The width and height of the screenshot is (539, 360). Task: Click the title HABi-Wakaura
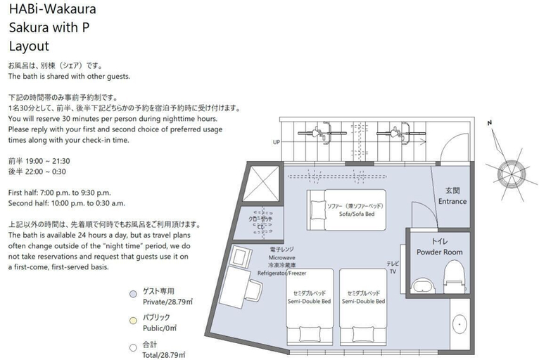52,8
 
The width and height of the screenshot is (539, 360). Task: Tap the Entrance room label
452,201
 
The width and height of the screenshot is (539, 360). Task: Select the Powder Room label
440,252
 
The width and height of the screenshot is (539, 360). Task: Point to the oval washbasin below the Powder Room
459,323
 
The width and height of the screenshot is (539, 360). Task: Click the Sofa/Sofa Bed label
357,214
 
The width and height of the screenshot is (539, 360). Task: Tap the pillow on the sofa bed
317,210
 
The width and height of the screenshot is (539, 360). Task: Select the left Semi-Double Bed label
309,301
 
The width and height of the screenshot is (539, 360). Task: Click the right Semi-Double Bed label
363,301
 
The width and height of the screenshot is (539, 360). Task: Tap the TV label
393,271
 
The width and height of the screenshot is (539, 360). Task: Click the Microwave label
282,257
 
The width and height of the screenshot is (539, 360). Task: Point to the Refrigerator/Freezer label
282,273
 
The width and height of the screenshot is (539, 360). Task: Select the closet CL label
260,227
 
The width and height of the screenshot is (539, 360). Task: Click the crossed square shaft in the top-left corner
261,184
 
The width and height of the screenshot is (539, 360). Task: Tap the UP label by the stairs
277,142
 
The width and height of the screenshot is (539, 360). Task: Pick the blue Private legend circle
133,294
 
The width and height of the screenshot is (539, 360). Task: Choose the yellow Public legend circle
133,321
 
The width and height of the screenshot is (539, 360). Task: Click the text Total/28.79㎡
164,355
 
